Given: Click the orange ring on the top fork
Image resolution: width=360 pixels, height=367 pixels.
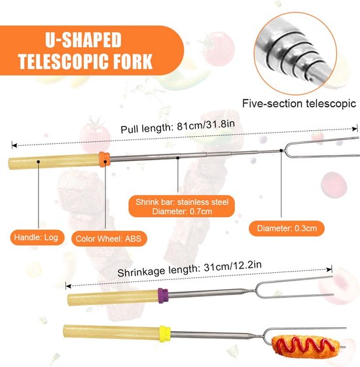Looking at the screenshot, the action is pos(105,159).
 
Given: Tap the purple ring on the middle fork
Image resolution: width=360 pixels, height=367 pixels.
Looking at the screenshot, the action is pos(163,296).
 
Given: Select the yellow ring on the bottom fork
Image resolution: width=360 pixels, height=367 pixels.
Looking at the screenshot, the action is pos(165,334).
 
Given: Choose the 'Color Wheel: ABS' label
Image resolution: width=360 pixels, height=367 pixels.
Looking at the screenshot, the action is pos(109,239).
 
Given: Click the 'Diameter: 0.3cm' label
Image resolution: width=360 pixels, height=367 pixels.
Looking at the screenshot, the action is pos(287,228).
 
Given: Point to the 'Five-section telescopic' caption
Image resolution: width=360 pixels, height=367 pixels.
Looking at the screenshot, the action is pos(299,103).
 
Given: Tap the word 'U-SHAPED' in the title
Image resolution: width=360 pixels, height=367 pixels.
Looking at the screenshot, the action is pos(83,40).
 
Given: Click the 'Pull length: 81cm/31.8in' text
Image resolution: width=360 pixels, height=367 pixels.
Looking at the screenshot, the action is pos(177,127).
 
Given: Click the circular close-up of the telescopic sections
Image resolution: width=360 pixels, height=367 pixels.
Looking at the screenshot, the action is pos(296,54).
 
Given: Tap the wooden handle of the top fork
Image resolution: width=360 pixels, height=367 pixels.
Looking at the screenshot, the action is pos(54,162).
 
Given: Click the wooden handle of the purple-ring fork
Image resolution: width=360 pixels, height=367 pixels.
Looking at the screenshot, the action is pos(113,298).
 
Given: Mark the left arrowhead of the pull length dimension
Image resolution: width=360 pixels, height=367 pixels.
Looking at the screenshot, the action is pos(14,146).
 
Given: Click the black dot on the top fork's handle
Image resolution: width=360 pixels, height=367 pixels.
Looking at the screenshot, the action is pos(39,162).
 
